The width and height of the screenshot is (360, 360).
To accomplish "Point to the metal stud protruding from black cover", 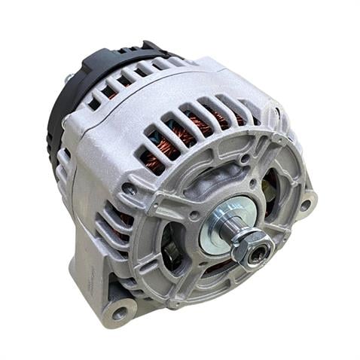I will (x=69, y=77).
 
